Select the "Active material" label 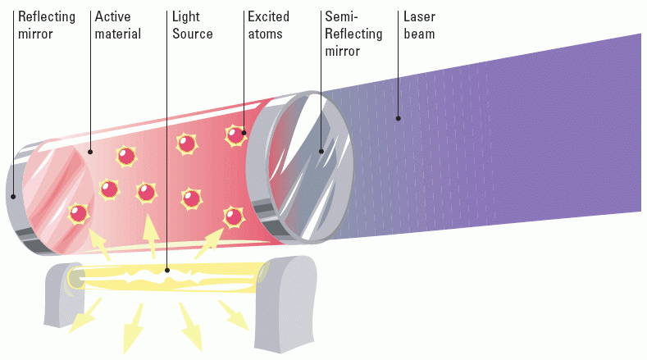(x=117, y=25)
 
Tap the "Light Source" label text (x=192, y=25)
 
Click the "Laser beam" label (x=418, y=25)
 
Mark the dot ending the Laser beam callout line (x=399, y=119)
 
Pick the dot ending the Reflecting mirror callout (x=14, y=196)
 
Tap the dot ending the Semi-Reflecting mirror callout (x=321, y=151)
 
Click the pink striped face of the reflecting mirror (x=56, y=200)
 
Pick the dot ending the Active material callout (x=91, y=152)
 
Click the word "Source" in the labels (x=192, y=34)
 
